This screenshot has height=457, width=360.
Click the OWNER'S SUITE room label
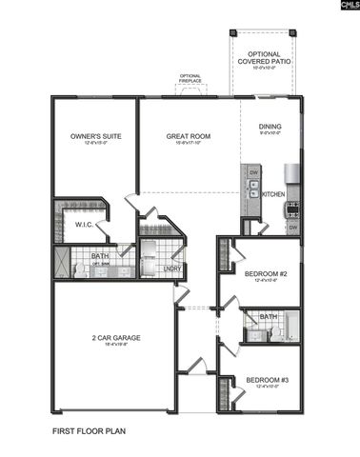pyautogui.click(x=92, y=136)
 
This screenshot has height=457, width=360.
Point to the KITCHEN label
pyautogui.click(x=273, y=194)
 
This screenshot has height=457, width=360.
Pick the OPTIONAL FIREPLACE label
pyautogui.click(x=190, y=78)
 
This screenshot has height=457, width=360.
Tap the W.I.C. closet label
pyautogui.click(x=83, y=225)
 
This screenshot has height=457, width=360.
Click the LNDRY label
pyautogui.click(x=171, y=268)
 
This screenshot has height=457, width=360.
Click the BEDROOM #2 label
pyautogui.click(x=260, y=274)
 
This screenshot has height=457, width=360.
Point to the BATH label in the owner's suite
pyautogui.click(x=99, y=256)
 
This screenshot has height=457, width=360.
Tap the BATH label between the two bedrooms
pyautogui.click(x=269, y=316)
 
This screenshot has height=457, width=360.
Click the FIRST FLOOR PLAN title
pyautogui.click(x=89, y=430)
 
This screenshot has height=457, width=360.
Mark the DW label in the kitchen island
pyautogui.click(x=254, y=173)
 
